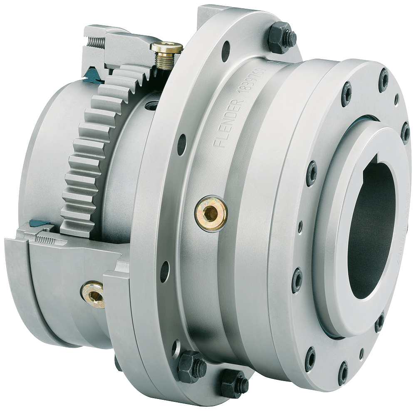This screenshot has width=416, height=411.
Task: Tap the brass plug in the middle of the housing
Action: tap(211, 213)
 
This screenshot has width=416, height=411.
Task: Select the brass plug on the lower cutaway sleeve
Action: tap(93, 294)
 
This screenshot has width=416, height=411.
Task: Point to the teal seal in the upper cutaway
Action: tap(90, 74)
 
